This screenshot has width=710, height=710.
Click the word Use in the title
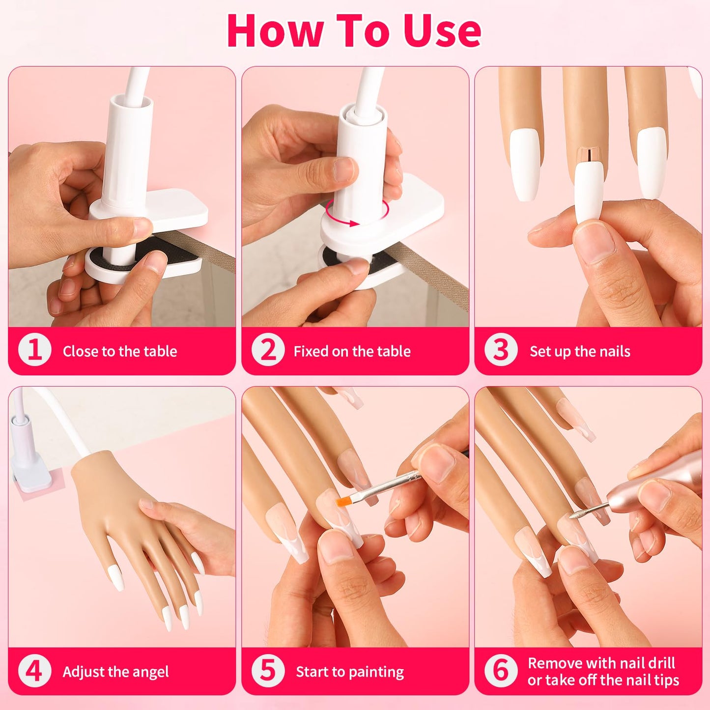point(442,30)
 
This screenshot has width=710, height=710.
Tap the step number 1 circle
point(34,350)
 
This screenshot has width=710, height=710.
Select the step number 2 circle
point(268,350)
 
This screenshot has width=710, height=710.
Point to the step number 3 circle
point(501,350)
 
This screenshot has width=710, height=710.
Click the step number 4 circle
point(34,671)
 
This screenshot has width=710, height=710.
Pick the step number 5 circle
point(268,671)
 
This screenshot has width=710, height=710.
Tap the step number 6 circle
point(501,671)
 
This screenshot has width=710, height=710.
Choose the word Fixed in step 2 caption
point(311,351)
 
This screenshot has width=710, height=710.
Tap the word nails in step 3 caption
point(614,351)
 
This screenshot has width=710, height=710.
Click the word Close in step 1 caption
point(80,351)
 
